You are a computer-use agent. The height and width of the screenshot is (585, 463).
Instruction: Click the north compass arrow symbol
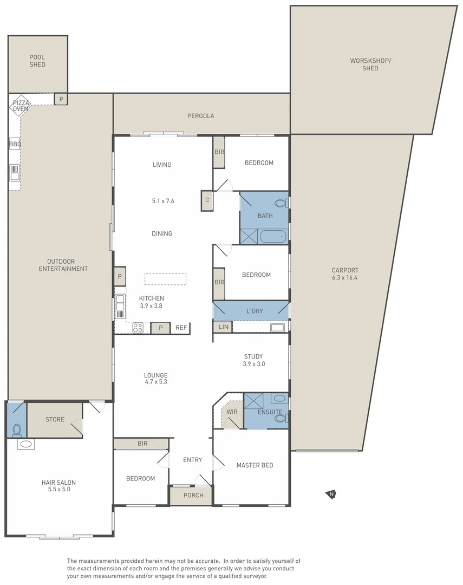coord(331,495)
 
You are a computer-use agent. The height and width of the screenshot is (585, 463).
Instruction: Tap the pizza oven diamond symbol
coord(20,106)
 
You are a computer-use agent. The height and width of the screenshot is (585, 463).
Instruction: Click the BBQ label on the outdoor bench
coord(15,144)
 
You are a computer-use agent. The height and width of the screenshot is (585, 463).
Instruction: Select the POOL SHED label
coord(37,61)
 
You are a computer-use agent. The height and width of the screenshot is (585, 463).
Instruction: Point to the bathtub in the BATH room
coord(273,237)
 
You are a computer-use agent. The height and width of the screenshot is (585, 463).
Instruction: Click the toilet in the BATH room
coord(282,203)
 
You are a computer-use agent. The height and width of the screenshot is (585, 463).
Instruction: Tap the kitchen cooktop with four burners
coord(138,328)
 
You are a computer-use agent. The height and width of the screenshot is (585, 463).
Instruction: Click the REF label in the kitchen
coord(181,328)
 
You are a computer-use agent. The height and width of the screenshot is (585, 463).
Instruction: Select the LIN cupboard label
coord(224,327)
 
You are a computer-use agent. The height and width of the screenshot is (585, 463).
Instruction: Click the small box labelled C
coord(207,200)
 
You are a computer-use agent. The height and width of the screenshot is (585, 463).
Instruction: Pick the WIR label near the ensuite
coord(232,412)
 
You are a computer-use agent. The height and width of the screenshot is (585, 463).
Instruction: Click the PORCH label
coord(194,496)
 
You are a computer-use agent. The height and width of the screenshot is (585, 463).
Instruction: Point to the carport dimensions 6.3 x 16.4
coord(345,277)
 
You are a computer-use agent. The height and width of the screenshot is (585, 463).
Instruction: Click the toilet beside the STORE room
coord(17,430)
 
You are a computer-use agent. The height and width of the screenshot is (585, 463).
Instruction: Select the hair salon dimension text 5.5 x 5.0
coord(59,489)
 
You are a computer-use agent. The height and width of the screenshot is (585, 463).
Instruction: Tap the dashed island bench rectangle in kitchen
coord(165,279)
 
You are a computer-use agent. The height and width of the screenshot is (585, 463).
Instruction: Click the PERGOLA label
coord(201,116)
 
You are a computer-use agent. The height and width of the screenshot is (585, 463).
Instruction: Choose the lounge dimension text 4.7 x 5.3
coord(156,382)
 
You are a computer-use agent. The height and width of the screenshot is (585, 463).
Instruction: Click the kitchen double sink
coord(120,303)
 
